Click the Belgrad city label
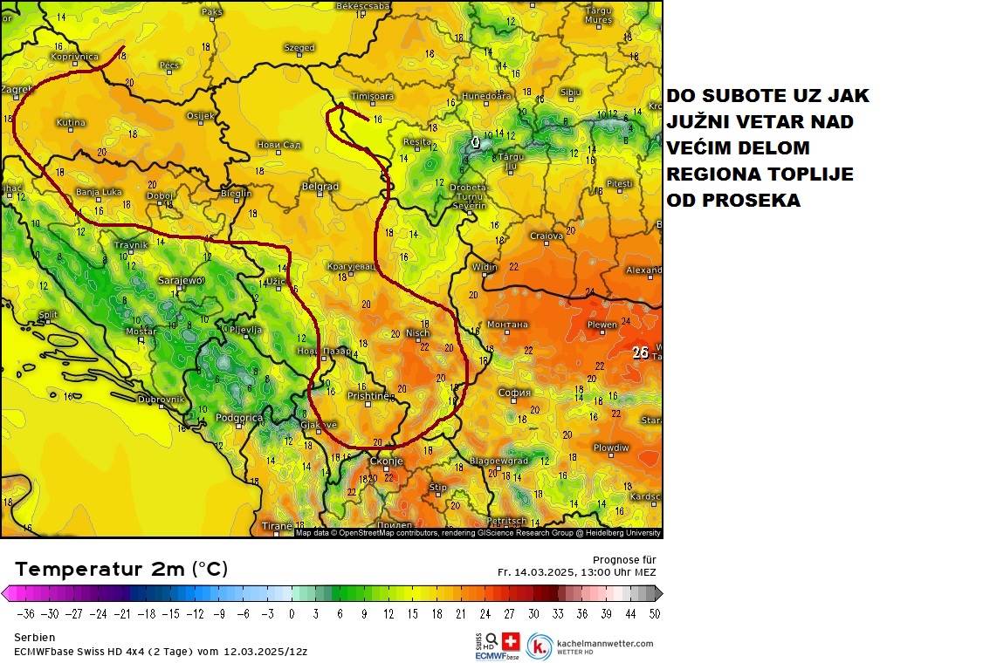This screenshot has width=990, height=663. [x=320, y=187]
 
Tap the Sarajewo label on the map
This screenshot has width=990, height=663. [x=181, y=281]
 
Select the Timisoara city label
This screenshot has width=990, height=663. [x=372, y=96]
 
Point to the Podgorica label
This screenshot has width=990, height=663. [x=239, y=418]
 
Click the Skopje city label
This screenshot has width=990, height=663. [x=386, y=461]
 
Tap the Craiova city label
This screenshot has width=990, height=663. [x=547, y=236]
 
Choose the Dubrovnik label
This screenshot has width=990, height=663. [x=161, y=400]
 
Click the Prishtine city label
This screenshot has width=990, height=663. [x=368, y=396]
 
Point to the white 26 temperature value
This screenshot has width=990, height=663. [x=640, y=353]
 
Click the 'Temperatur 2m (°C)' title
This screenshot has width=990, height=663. [x=121, y=570]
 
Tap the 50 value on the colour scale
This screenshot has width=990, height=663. [x=654, y=613]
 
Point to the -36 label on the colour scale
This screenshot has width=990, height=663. [x=25, y=613]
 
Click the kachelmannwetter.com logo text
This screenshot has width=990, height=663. [x=604, y=644]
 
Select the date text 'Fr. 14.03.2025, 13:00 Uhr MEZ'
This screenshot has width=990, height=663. [x=577, y=572]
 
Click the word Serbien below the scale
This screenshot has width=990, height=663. [x=35, y=638]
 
